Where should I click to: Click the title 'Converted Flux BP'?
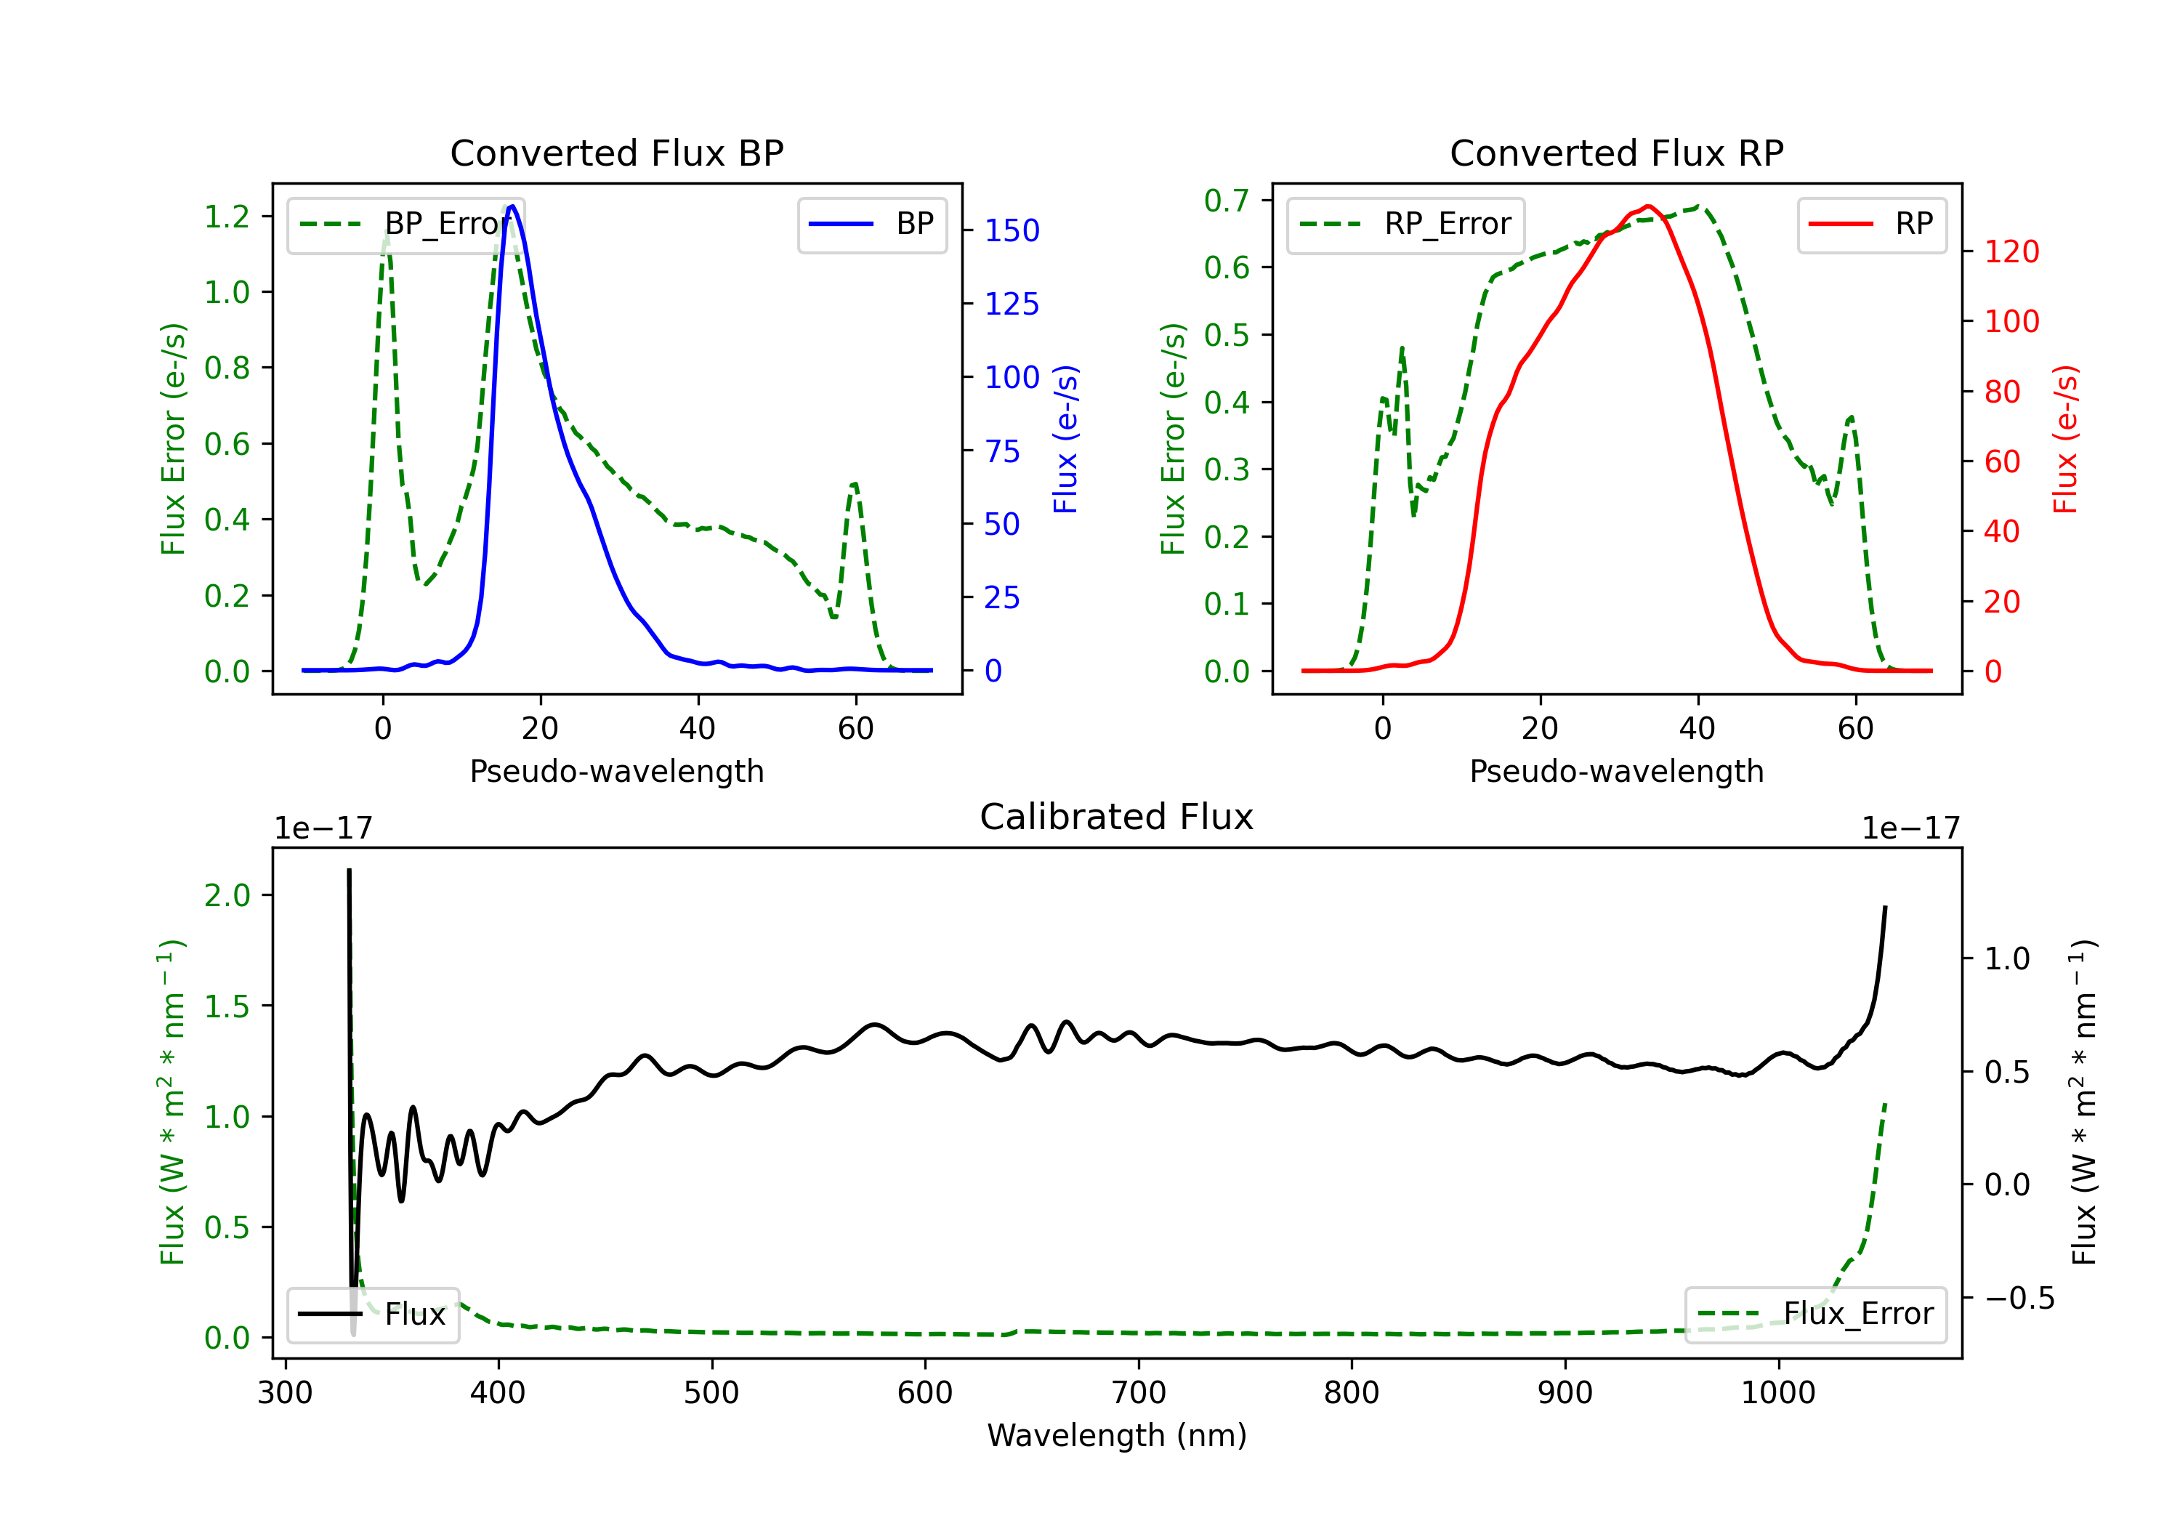616,153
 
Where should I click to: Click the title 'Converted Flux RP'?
1616,153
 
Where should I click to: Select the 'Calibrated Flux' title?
1117,817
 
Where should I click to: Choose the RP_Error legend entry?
1405,224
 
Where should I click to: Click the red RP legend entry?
1871,224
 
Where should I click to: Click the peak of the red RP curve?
1647,206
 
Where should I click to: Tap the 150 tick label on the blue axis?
1012,231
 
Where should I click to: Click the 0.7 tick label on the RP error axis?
1227,201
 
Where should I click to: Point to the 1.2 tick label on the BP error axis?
227,217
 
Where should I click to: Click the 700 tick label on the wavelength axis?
1139,1393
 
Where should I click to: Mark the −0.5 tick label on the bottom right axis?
2019,1298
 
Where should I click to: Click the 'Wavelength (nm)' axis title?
1117,1435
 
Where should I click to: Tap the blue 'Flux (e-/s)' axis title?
1066,439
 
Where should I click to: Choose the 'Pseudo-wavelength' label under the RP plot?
1616,771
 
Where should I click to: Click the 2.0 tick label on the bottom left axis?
227,895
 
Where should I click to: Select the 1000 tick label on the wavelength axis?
1778,1393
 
